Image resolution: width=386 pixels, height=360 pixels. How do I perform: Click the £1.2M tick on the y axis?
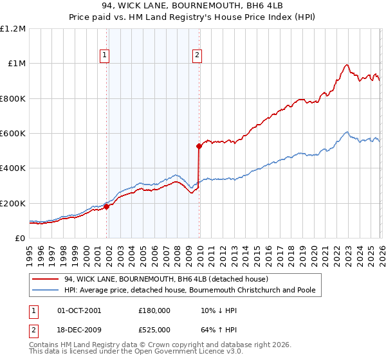(13, 29)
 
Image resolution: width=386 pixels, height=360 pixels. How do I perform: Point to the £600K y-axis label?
(13, 134)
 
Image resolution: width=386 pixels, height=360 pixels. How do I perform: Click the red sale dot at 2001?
(106, 206)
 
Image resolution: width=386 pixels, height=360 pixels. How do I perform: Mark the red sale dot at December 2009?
(199, 147)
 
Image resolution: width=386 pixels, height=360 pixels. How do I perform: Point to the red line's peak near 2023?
(347, 64)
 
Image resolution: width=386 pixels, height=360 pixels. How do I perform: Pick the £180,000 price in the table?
(154, 310)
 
